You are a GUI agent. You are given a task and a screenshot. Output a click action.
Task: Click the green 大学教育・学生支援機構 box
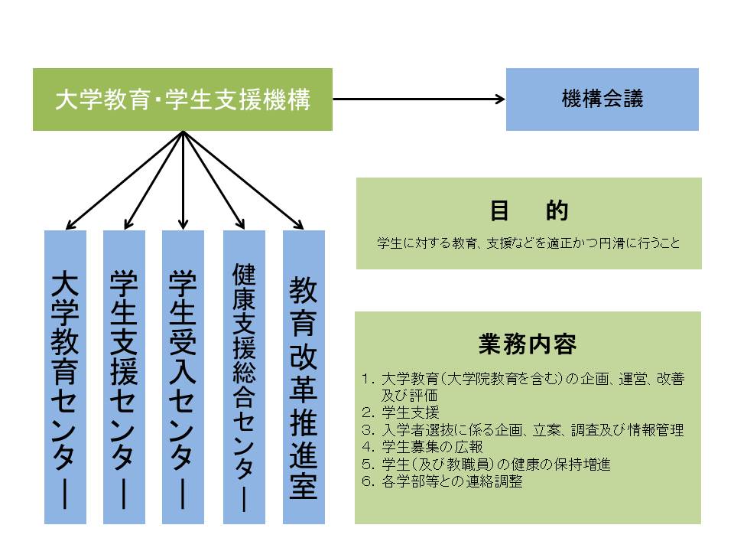[x=183, y=99]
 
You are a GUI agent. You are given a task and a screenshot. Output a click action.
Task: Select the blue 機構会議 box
[x=602, y=99]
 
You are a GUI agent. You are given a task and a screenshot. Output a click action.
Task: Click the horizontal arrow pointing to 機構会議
[x=419, y=99]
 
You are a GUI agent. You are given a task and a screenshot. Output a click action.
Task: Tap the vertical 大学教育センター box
[x=65, y=377]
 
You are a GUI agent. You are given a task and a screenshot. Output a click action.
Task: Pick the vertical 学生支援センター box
[x=124, y=377]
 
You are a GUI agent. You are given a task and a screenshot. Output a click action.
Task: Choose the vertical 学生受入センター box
[x=183, y=377]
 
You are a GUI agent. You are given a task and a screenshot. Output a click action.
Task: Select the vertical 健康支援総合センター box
[x=244, y=377]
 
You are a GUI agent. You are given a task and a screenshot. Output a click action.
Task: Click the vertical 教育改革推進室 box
[x=304, y=377]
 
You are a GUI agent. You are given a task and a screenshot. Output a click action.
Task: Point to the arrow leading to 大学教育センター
[x=124, y=181]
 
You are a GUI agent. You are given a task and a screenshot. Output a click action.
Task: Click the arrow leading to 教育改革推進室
[x=243, y=181]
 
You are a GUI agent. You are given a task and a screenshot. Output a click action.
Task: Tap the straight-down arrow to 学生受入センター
[x=183, y=181]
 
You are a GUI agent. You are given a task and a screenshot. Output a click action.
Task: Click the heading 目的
[x=529, y=210]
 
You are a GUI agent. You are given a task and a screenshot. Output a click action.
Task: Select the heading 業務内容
[x=528, y=344]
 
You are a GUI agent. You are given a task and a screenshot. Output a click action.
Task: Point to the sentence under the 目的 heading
[x=528, y=243]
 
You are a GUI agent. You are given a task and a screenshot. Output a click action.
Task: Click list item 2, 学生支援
[x=401, y=412]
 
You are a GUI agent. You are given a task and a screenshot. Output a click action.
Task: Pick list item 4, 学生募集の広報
[x=422, y=447]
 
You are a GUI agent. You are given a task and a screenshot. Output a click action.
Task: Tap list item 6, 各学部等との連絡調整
[x=443, y=481]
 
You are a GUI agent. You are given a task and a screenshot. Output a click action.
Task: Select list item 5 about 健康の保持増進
[x=486, y=465]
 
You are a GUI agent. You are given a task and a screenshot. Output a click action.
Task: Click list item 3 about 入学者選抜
[x=523, y=429]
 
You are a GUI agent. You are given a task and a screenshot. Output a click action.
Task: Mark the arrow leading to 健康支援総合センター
[x=213, y=181]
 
